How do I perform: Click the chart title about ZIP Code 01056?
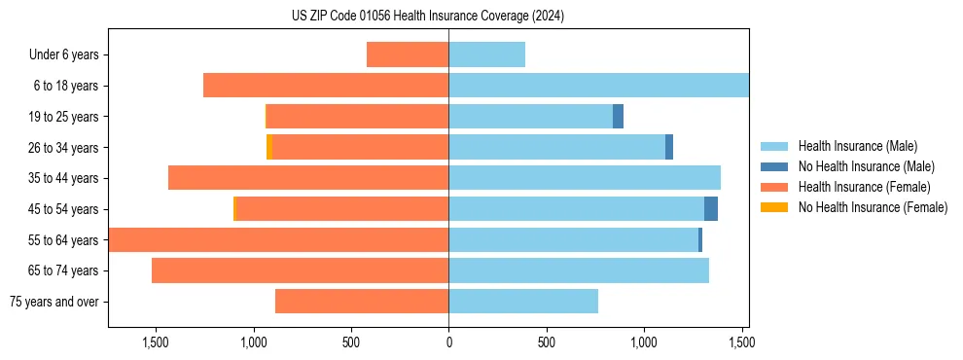pyautogui.click(x=428, y=16)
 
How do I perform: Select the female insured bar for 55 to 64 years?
pyautogui.click(x=278, y=240)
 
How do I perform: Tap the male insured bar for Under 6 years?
pyautogui.click(x=486, y=54)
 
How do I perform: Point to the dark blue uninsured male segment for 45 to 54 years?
pyautogui.click(x=711, y=209)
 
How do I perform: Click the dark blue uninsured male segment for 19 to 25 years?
pyautogui.click(x=618, y=117)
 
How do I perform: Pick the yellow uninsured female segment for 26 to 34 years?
pyautogui.click(x=269, y=147)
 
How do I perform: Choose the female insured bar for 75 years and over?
pyautogui.click(x=362, y=302)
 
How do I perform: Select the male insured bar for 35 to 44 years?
pyautogui.click(x=584, y=178)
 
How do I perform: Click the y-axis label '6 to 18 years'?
pyautogui.click(x=65, y=86)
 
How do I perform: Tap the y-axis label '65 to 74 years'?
pyautogui.click(x=62, y=270)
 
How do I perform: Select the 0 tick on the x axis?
pyautogui.click(x=448, y=342)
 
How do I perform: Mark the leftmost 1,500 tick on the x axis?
pyautogui.click(x=156, y=342)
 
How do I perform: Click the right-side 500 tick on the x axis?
pyautogui.click(x=546, y=342)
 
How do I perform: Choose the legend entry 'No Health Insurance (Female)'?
pyautogui.click(x=873, y=207)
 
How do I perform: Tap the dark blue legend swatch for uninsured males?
pyautogui.click(x=774, y=166)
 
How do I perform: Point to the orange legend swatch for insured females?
pyautogui.click(x=774, y=187)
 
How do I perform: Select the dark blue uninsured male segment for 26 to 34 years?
pyautogui.click(x=669, y=147)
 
